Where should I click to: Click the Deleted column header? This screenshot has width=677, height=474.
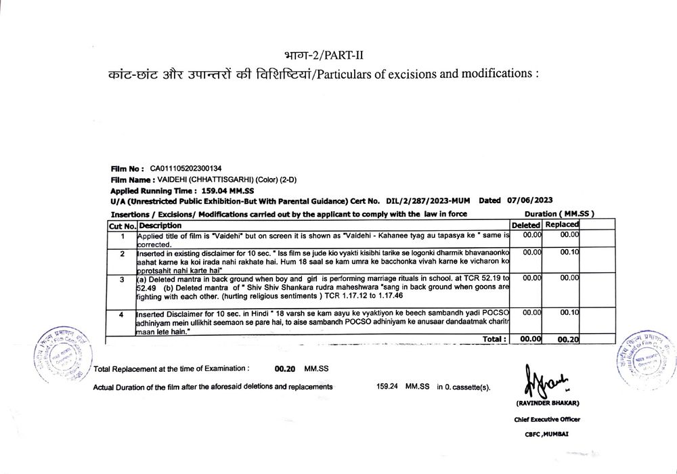(x=525, y=225)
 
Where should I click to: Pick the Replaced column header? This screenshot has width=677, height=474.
(x=562, y=225)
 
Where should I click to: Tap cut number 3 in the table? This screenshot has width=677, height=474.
(x=123, y=279)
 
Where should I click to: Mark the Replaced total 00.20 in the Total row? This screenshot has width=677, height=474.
(x=567, y=339)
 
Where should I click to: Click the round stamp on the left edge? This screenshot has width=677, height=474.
(x=66, y=353)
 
